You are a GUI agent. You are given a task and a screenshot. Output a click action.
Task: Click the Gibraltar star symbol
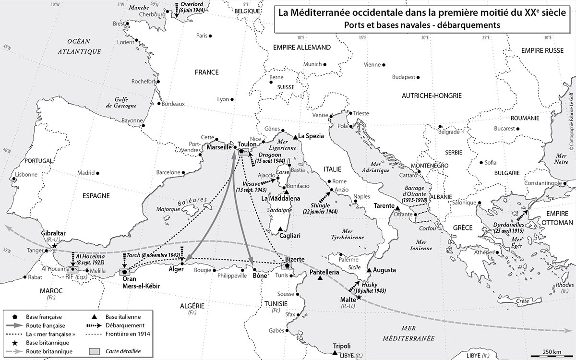click(x=55, y=246)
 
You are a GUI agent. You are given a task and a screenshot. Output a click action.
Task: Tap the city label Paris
click(x=201, y=36)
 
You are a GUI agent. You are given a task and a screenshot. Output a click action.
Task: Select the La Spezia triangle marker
click(x=295, y=136)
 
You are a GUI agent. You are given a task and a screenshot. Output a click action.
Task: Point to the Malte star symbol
click(x=359, y=298)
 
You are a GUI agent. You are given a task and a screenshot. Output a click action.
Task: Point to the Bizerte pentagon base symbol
click(x=287, y=265)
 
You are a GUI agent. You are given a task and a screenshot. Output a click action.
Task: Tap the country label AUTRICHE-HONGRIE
click(x=431, y=96)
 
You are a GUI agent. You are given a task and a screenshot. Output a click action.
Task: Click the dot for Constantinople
click(x=563, y=183)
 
